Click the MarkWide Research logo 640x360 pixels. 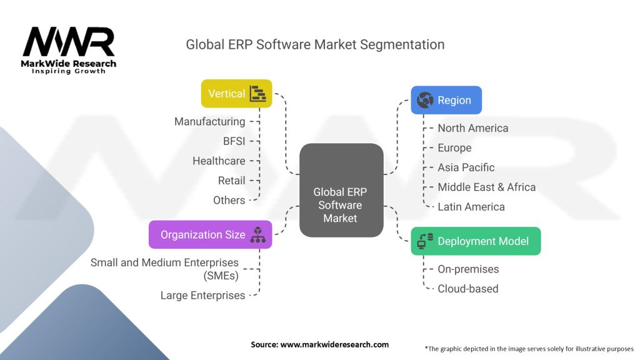pos(69,48)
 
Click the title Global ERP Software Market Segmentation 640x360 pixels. pos(315,44)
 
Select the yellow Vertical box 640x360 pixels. pos(236,94)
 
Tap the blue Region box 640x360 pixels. pos(446,100)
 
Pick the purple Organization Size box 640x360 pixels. pos(210,234)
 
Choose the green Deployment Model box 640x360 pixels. pos(475,241)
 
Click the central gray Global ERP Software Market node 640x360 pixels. pos(341,190)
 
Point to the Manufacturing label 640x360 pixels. pos(209,121)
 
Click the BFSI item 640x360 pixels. pos(234,141)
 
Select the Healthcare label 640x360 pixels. pos(219,161)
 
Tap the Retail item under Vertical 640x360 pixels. pos(231,181)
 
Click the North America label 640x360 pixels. pos(472,128)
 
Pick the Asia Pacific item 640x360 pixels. pos(466,167)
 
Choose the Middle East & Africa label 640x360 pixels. pos(486,187)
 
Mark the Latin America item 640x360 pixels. pos(471,207)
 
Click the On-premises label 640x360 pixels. pos(468,269)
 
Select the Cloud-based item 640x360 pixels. pos(467,289)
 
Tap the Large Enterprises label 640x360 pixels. pos(202,296)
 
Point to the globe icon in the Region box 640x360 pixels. pos(425,100)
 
